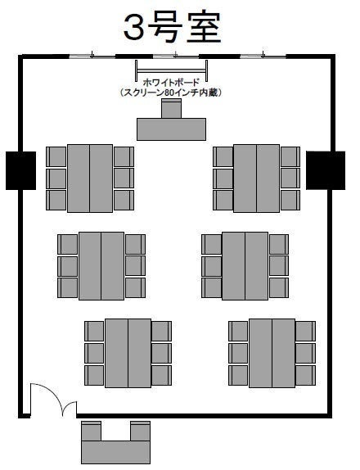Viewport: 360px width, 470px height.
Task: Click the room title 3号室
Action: pos(173,28)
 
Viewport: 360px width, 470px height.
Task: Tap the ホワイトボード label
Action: pos(171,82)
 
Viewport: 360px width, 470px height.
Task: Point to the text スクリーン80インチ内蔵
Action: pos(171,93)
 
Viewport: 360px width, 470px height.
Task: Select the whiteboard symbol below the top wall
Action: pos(171,70)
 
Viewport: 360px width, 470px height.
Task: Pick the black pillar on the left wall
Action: pos(21,170)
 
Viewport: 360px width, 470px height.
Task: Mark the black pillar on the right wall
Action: pos(326,170)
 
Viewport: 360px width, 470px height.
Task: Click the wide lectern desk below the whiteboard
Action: pos(171,129)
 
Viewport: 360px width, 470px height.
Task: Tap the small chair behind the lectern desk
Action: pos(171,109)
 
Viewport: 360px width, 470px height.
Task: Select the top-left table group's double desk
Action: pos(90,179)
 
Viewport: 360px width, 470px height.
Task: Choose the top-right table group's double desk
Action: pos(256,179)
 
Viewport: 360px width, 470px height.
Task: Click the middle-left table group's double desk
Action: pos(101,266)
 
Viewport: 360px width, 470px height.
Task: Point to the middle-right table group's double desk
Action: pos(245,266)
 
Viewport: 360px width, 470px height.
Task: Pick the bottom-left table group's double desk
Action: pos(128,353)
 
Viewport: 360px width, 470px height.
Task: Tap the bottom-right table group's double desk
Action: pos(272,353)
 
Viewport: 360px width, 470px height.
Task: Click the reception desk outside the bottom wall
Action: pos(115,452)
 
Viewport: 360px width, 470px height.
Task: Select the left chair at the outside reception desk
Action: pos(91,431)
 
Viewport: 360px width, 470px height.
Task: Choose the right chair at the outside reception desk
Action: pos(140,431)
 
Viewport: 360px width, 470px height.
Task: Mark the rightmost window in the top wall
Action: pos(263,56)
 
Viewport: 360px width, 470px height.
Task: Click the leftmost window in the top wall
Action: pos(92,56)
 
